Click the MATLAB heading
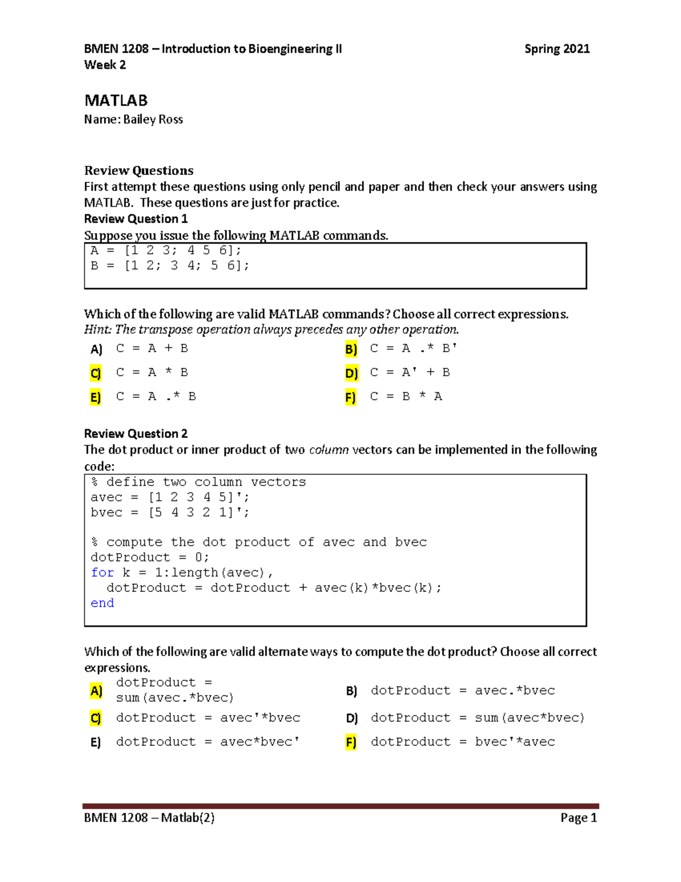[x=116, y=101]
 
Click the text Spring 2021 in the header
[x=557, y=49]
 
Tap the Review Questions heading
[x=138, y=170]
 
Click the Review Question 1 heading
[x=136, y=219]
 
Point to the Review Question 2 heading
[x=136, y=433]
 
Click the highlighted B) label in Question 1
[x=351, y=349]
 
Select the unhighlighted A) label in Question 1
[x=96, y=349]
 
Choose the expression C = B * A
[x=406, y=396]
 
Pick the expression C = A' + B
[x=410, y=373]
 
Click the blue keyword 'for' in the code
[x=102, y=572]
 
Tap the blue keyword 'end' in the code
[x=102, y=603]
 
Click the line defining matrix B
[x=170, y=265]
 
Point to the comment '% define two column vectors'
[x=198, y=482]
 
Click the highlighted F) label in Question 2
[x=351, y=742]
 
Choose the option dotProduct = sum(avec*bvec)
[x=477, y=718]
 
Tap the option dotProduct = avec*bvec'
[x=208, y=742]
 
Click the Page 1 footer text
[x=578, y=817]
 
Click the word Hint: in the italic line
[x=98, y=329]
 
